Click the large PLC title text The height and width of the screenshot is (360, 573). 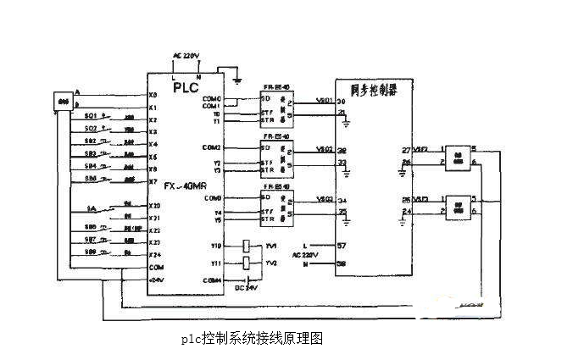186,86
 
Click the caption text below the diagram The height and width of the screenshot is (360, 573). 252,338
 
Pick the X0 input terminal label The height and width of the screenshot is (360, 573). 153,95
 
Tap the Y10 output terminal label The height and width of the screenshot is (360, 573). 216,246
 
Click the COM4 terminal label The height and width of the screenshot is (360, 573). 212,280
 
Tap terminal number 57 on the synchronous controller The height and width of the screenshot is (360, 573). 342,246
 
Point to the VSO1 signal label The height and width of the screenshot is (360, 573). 323,99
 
